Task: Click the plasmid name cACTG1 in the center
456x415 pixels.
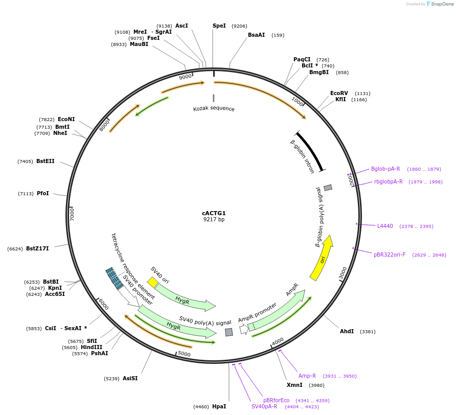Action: pos(214,213)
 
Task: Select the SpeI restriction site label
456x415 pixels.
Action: pos(219,26)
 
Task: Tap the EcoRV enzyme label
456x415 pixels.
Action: pos(339,93)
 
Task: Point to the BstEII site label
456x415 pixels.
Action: pos(45,161)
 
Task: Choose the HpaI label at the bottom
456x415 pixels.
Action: pos(219,406)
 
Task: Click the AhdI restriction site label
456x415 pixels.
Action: pos(347,331)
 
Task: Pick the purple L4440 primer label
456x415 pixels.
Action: pos(385,226)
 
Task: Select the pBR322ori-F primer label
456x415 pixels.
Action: pos(390,255)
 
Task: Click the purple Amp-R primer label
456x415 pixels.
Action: pos(307,376)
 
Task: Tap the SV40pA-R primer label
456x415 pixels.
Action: pos(264,406)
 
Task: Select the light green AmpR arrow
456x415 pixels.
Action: pos(279,310)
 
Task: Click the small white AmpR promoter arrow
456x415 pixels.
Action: pos(244,330)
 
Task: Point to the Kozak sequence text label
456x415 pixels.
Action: pos(214,108)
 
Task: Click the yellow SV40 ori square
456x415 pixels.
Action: pos(152,283)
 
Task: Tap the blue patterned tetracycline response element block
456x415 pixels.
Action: pos(114,279)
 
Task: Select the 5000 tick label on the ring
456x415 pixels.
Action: pos(184,354)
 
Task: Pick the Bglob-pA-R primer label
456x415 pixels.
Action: pos(385,169)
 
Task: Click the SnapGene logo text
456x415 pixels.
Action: pos(440,4)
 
